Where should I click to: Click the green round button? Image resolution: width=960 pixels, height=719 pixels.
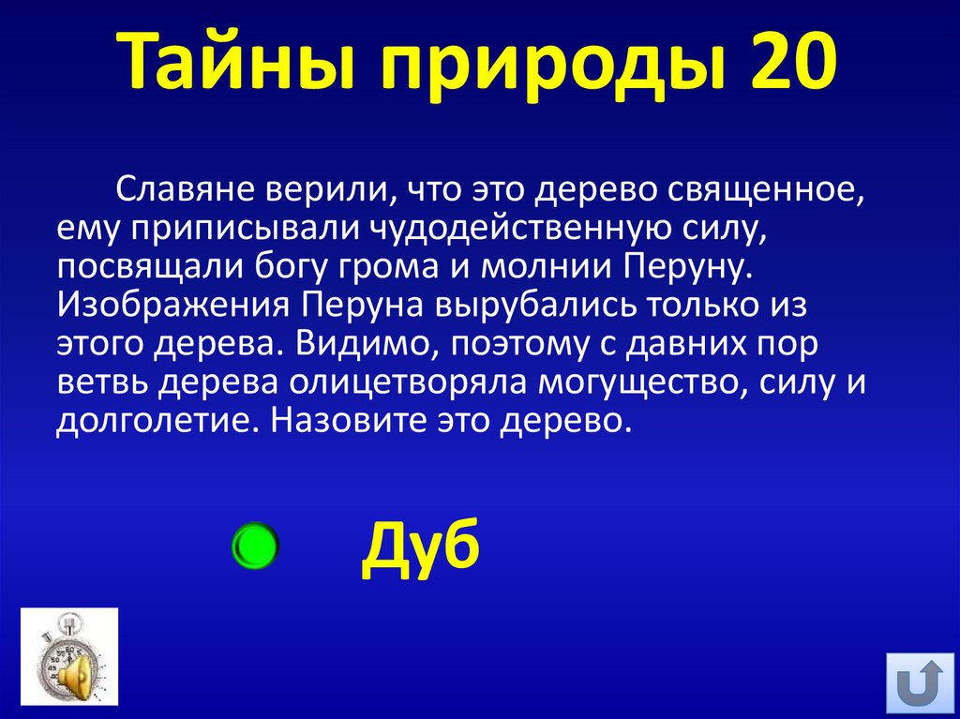[254, 547]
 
